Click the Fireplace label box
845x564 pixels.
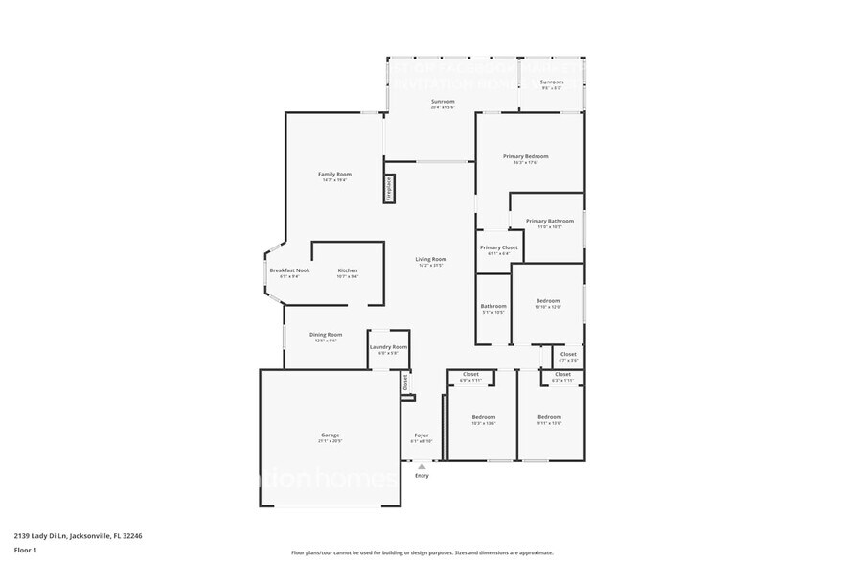click(x=389, y=189)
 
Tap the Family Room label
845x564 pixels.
click(x=334, y=175)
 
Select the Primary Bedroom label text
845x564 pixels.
click(x=526, y=156)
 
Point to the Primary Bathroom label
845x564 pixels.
click(x=549, y=222)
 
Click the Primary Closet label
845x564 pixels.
click(x=498, y=248)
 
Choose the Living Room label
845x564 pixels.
click(x=430, y=260)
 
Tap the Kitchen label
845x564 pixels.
click(x=347, y=270)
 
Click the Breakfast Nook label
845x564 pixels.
click(x=289, y=270)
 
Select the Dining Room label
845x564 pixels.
click(x=326, y=335)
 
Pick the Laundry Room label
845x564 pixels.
click(x=388, y=347)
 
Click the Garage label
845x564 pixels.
click(x=330, y=435)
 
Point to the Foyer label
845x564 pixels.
click(x=421, y=435)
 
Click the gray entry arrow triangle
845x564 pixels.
click(x=422, y=466)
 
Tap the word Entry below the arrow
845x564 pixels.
click(x=422, y=476)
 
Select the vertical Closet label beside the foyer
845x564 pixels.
click(x=405, y=381)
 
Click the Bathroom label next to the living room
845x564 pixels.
click(x=493, y=307)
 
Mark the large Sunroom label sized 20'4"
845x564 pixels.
click(x=443, y=102)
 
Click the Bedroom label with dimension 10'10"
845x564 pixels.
click(x=547, y=301)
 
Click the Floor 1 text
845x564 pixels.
click(x=25, y=550)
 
